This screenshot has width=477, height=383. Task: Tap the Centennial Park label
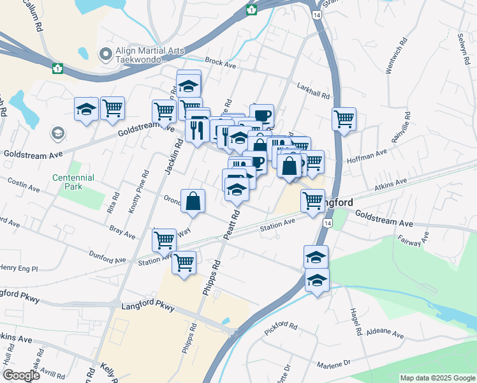pyautogui.click(x=73, y=182)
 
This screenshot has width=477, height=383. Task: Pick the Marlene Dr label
pyautogui.click(x=334, y=365)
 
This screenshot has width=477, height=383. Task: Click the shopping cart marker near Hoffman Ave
pyautogui.click(x=344, y=119)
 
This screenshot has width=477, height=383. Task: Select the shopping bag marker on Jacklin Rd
pyautogui.click(x=193, y=202)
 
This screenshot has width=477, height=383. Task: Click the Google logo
pyautogui.click(x=20, y=375)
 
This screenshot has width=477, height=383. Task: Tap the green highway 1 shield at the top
pyautogui.click(x=253, y=10)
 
